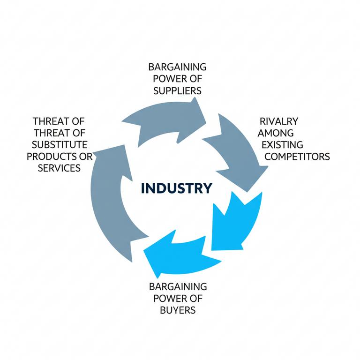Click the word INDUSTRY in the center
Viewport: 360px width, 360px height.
pyautogui.click(x=176, y=188)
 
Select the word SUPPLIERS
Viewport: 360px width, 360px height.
pyautogui.click(x=178, y=90)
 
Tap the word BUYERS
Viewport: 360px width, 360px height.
pyautogui.click(x=177, y=310)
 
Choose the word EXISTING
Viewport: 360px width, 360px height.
pyautogui.click(x=283, y=144)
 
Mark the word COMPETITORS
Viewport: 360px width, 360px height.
pyautogui.click(x=297, y=156)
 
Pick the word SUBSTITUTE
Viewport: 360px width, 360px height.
pyautogui.click(x=60, y=144)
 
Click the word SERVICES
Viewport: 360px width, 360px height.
pyautogui.click(x=59, y=167)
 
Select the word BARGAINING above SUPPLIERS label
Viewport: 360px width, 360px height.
pyautogui.click(x=177, y=67)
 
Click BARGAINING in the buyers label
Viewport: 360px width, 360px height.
pyautogui.click(x=178, y=286)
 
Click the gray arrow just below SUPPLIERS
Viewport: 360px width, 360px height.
pyautogui.click(x=166, y=123)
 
